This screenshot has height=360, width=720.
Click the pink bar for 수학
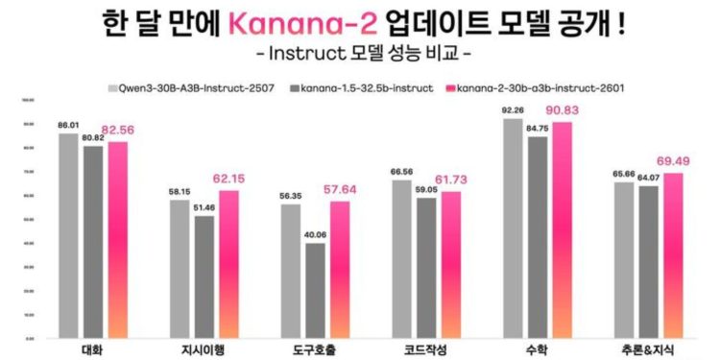click(x=561, y=230)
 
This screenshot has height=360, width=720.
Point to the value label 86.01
click(x=67, y=125)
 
